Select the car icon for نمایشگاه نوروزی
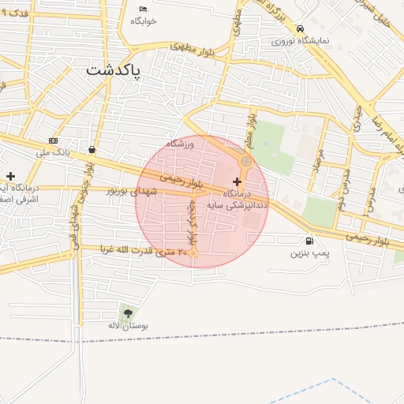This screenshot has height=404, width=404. (300, 28)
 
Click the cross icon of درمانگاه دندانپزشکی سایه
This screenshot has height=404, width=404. (237, 181)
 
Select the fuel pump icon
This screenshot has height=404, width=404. (308, 241)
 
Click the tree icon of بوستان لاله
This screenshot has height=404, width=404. (128, 313)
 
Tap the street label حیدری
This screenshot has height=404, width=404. (357, 118)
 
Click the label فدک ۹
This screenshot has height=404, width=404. (16, 14)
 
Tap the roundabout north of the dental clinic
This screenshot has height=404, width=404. (245, 162)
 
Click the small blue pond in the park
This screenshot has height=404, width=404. (266, 143)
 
